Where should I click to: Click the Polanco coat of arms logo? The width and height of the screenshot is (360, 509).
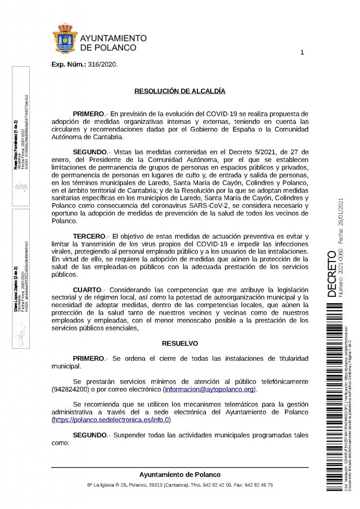click(x=66, y=38)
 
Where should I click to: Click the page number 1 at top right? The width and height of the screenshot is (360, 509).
click(x=302, y=53)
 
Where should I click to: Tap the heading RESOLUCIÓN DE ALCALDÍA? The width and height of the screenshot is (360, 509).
click(x=180, y=91)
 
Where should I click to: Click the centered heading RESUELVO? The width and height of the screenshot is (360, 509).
click(x=180, y=343)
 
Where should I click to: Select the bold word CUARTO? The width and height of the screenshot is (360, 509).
click(x=87, y=289)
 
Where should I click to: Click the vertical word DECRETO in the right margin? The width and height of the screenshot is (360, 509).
click(x=332, y=274)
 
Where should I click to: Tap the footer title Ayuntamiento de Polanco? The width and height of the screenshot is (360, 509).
click(x=180, y=474)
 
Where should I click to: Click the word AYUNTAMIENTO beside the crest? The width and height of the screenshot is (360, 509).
click(x=113, y=38)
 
